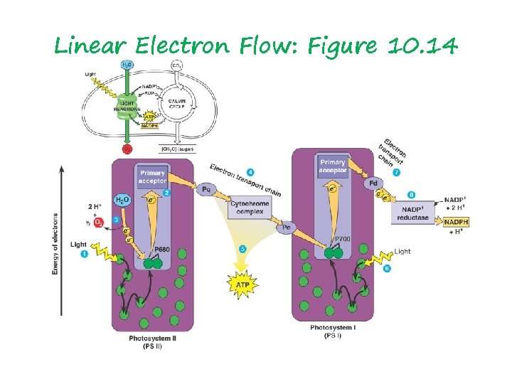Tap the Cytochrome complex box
click(x=249, y=208)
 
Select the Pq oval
click(x=207, y=190)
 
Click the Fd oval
click(x=371, y=183)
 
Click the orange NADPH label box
click(x=455, y=223)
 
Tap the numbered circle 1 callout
click(x=84, y=254)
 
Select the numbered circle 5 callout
click(x=242, y=249)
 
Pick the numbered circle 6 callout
click(x=387, y=269)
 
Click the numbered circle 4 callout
click(x=250, y=172)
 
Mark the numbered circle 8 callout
click(x=411, y=194)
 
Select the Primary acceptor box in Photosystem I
click(x=333, y=166)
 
